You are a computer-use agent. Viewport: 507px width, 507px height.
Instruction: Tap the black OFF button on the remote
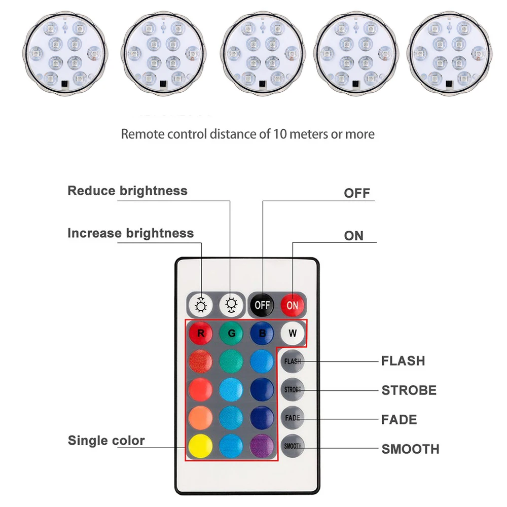point(262,305)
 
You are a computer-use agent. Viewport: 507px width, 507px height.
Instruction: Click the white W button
point(293,334)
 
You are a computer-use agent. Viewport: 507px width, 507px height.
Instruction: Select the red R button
point(200,334)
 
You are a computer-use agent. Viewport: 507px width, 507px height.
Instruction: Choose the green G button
point(231,334)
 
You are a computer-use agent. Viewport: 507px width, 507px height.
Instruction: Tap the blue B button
point(262,334)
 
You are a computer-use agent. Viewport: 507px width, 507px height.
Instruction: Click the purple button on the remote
point(262,446)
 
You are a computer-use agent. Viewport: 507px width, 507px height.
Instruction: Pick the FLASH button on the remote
point(293,361)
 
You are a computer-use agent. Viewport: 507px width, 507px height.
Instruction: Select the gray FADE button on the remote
point(293,418)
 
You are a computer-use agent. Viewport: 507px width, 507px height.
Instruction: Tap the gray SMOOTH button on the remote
point(293,446)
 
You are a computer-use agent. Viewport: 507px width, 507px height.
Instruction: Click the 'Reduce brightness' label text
point(127,191)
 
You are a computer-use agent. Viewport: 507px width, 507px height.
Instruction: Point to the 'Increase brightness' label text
point(130,233)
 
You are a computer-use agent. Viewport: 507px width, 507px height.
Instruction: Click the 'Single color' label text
point(106,440)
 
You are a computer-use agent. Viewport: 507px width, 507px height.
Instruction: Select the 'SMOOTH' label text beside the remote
point(410,449)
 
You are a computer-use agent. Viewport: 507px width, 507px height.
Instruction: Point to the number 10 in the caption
point(279,134)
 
